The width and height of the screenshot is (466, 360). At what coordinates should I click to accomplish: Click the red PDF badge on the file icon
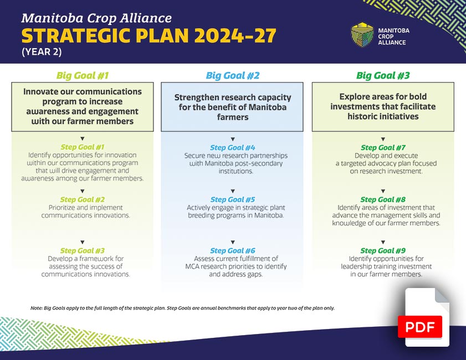tap(420, 327)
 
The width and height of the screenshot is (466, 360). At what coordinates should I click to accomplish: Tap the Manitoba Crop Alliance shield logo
tap(362, 34)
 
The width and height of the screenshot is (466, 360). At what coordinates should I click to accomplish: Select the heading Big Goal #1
tap(83, 76)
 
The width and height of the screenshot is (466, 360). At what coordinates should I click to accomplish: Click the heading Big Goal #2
tap(233, 76)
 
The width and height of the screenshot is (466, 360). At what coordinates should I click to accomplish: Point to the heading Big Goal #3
tap(383, 76)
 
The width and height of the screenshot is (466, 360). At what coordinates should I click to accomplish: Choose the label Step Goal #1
tap(83, 147)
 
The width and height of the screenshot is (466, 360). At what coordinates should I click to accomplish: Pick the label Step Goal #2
tap(83, 199)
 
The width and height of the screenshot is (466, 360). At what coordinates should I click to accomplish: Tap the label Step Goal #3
tap(83, 251)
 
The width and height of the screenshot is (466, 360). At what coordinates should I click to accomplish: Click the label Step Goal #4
tap(233, 148)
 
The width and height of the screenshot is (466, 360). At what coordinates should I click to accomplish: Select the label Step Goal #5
tap(233, 199)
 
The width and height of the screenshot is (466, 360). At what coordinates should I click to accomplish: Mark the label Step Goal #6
tap(233, 251)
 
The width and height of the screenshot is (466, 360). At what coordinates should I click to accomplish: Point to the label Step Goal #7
tap(383, 148)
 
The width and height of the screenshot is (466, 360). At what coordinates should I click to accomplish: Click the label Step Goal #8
tap(383, 199)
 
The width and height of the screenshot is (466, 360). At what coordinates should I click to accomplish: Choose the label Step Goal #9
tap(383, 251)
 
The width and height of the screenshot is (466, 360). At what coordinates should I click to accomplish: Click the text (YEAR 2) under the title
tap(42, 52)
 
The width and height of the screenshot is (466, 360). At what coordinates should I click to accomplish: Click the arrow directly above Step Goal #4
tap(233, 138)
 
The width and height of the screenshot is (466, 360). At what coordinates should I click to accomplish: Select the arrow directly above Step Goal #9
tap(383, 242)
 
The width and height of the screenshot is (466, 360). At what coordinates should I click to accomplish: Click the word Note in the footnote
tap(37, 308)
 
